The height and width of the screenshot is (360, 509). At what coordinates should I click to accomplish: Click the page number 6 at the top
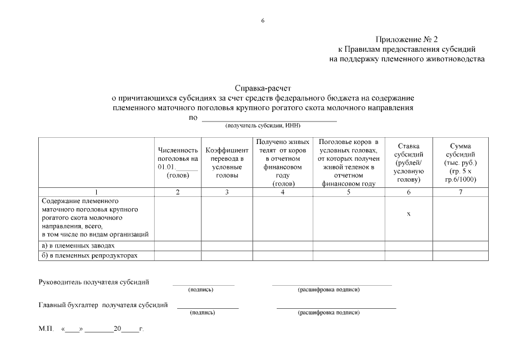point(263,21)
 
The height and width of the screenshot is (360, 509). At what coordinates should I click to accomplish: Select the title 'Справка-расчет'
point(263,88)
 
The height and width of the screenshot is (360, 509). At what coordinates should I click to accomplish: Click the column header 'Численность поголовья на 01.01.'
point(178,163)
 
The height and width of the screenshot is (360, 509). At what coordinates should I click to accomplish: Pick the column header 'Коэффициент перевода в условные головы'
point(227,163)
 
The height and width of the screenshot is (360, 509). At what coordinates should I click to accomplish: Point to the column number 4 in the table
point(282,192)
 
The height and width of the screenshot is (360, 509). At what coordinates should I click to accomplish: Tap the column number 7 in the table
point(460,192)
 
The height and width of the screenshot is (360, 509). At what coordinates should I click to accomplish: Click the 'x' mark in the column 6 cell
point(408,213)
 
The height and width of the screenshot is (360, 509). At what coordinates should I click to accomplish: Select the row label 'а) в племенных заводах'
point(78,246)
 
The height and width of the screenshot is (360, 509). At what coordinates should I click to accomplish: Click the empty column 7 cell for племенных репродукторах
point(460,255)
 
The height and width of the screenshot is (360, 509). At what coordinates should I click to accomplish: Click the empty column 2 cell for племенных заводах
point(178,246)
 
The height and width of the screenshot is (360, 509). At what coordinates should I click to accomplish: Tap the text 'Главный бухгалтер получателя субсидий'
point(103,305)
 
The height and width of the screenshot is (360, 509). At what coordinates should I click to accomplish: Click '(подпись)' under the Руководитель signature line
point(201,290)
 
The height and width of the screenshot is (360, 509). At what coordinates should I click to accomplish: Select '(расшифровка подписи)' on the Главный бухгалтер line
point(328,312)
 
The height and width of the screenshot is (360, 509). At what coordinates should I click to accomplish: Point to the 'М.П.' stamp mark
point(46,330)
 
